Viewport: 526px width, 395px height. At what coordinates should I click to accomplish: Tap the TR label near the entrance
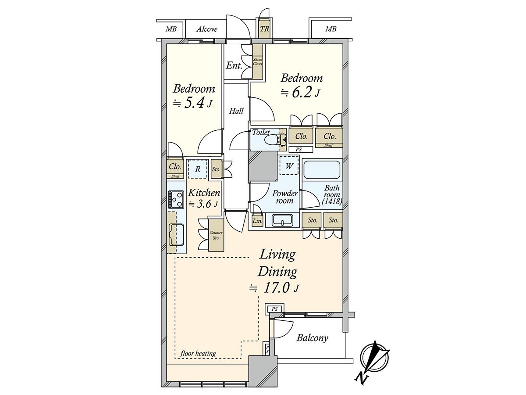tap(265, 29)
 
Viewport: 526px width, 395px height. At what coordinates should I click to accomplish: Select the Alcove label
tap(207, 29)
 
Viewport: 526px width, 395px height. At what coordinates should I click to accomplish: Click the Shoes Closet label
tap(258, 61)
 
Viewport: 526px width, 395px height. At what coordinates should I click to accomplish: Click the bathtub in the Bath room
tap(322, 170)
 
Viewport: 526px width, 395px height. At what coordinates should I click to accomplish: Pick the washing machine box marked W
tap(289, 166)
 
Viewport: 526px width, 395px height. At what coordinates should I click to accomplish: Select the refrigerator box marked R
tap(198, 169)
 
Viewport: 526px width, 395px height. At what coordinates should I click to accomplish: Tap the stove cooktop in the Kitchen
tap(176, 200)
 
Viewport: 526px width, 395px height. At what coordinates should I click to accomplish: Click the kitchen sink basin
tap(176, 234)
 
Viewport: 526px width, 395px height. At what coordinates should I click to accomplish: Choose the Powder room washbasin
tap(283, 220)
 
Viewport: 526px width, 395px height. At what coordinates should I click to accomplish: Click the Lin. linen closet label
tap(257, 221)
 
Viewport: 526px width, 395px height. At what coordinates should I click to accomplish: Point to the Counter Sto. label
tap(216, 235)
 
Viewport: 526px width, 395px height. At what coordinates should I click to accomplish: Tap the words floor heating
tap(198, 353)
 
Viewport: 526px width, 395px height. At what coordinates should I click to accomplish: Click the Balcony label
tap(312, 338)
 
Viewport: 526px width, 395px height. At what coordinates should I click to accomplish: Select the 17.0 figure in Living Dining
tap(277, 288)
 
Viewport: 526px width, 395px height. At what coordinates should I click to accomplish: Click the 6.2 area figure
tap(302, 92)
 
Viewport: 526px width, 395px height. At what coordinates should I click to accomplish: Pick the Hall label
tap(236, 111)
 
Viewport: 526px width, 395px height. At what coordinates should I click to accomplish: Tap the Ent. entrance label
tap(234, 65)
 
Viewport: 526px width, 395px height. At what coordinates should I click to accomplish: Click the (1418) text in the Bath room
tap(332, 202)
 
